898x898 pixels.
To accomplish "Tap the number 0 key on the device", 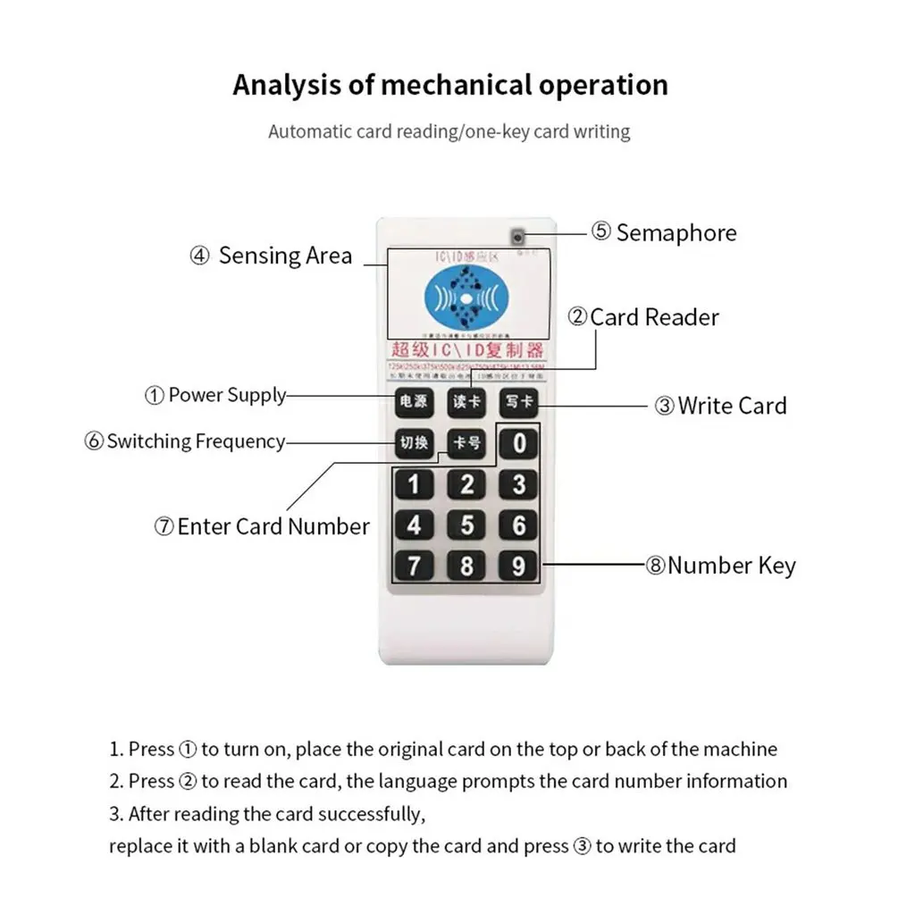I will pos(519,442).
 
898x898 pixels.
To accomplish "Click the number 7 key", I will pos(414,566).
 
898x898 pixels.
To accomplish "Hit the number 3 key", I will pos(519,484).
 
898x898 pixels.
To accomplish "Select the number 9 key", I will pos(519,566).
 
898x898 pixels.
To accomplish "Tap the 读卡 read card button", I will pos(466,402).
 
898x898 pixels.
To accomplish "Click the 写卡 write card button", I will pos(519,402).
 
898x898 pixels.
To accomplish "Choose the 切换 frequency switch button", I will pos(414,442).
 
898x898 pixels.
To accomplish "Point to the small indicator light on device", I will pos(517,236).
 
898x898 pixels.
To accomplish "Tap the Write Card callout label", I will pos(721,406).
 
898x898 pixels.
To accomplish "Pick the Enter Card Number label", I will pos(262,526).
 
